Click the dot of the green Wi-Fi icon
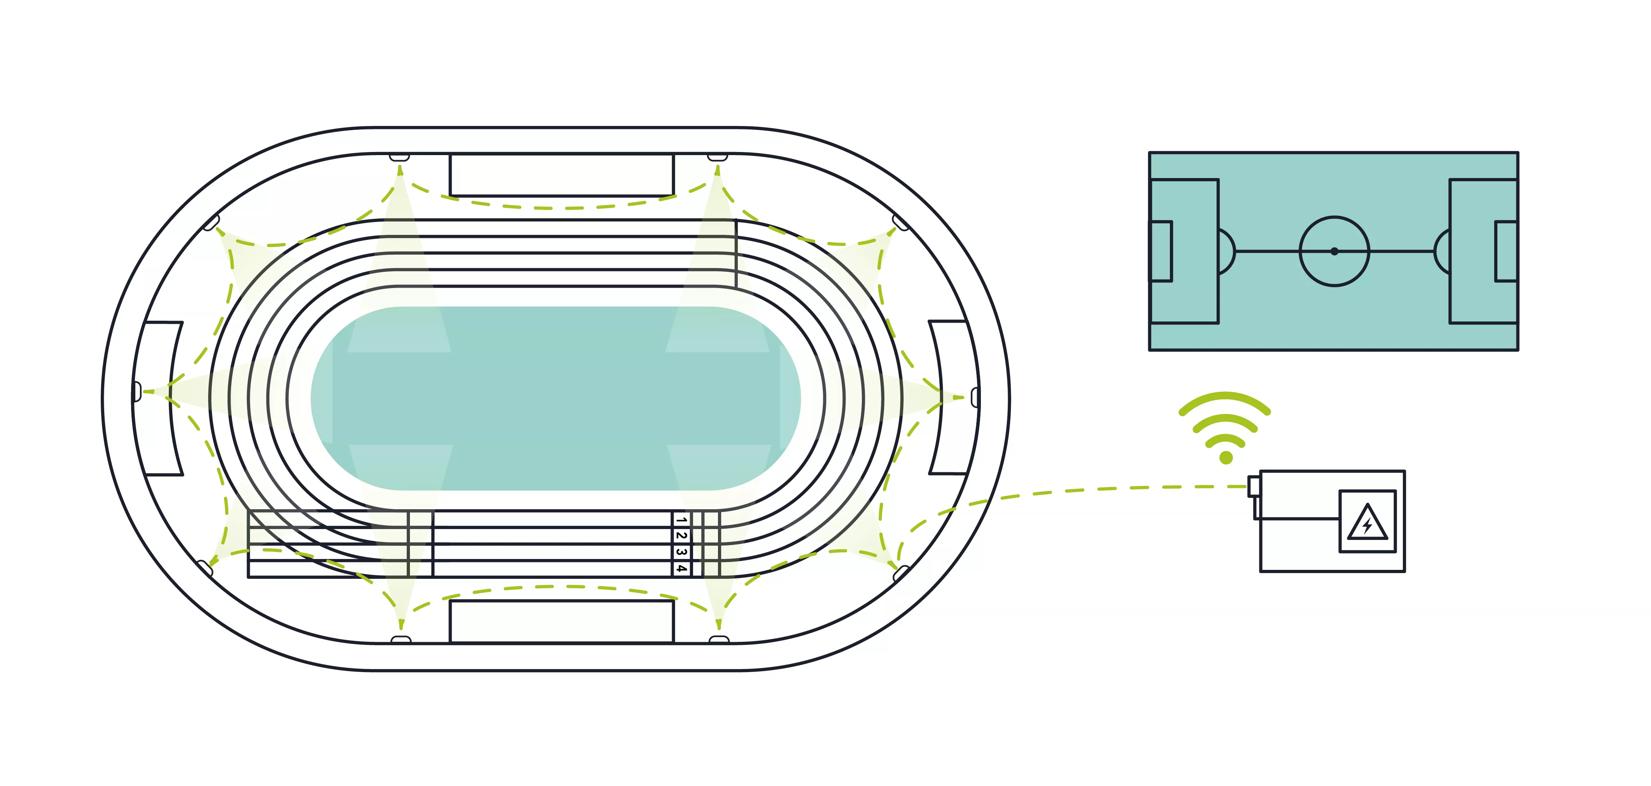click(1226, 458)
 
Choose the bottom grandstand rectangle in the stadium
click(562, 621)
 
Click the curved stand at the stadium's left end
click(158, 398)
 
